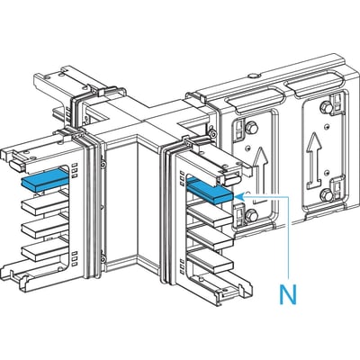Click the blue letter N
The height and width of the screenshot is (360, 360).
coord(288,294)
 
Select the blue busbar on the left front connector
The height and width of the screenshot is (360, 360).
coord(45,180)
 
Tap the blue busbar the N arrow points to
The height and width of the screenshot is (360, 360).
coord(210,190)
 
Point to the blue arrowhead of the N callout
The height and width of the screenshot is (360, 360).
coord(238,196)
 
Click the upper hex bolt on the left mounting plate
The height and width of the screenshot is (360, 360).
coord(251,129)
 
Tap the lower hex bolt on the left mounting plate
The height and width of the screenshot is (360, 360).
coord(252,215)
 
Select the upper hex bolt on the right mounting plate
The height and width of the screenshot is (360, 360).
coord(326,107)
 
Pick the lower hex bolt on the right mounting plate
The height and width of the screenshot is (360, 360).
coord(326,195)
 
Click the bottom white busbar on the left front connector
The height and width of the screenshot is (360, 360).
coord(45,251)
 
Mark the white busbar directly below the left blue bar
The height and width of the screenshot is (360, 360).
coord(45,205)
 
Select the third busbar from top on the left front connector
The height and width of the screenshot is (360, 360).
coord(45,229)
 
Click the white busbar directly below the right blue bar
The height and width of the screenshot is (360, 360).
coord(210,215)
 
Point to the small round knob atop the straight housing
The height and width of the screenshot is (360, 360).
coord(253,76)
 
